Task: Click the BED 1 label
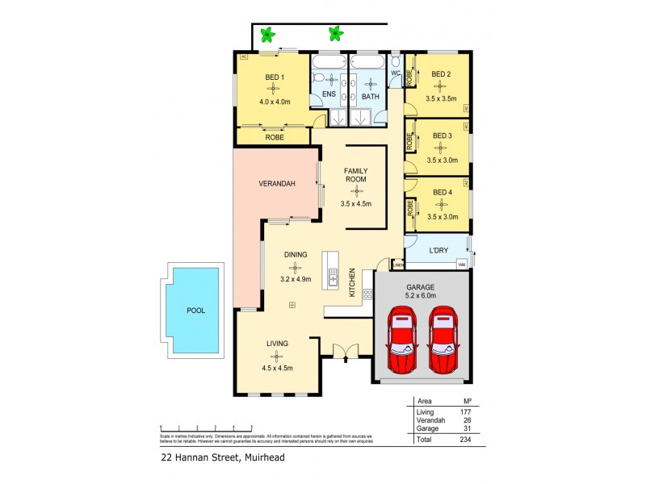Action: pyautogui.click(x=275, y=77)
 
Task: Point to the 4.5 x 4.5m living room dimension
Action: pyautogui.click(x=277, y=368)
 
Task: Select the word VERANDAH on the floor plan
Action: pyautogui.click(x=277, y=184)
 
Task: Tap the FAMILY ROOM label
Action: pyautogui.click(x=356, y=176)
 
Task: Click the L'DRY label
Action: pyautogui.click(x=438, y=251)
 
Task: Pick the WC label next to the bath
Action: pyautogui.click(x=396, y=73)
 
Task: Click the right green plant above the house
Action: pyautogui.click(x=333, y=34)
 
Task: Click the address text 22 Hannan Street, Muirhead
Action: pyautogui.click(x=222, y=457)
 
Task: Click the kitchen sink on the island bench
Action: pyautogui.click(x=332, y=280)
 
